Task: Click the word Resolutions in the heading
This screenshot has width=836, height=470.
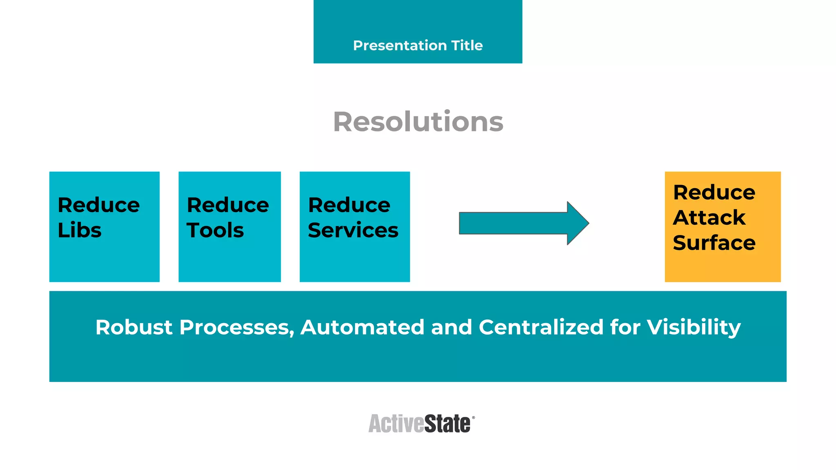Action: tap(418, 122)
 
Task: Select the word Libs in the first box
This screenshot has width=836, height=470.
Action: tap(80, 230)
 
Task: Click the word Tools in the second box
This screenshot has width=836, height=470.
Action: tap(216, 230)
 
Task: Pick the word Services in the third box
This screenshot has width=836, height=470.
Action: tap(353, 230)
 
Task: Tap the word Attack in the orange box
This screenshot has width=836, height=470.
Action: tap(709, 217)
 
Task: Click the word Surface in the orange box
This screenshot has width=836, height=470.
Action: tap(714, 243)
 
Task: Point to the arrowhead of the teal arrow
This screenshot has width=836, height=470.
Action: tap(578, 223)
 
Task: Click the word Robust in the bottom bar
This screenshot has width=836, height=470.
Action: tap(134, 327)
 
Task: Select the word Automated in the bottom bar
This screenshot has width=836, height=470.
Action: tap(362, 327)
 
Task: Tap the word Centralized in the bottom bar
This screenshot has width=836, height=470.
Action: tap(541, 327)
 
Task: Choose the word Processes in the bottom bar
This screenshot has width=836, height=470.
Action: tap(237, 327)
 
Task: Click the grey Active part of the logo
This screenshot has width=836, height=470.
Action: tap(396, 424)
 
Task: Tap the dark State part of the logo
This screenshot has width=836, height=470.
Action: tap(447, 424)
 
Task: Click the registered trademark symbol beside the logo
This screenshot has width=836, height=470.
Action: tap(474, 418)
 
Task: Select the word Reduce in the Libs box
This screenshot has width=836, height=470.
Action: tap(99, 205)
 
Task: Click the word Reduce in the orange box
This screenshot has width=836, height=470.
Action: tap(714, 192)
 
